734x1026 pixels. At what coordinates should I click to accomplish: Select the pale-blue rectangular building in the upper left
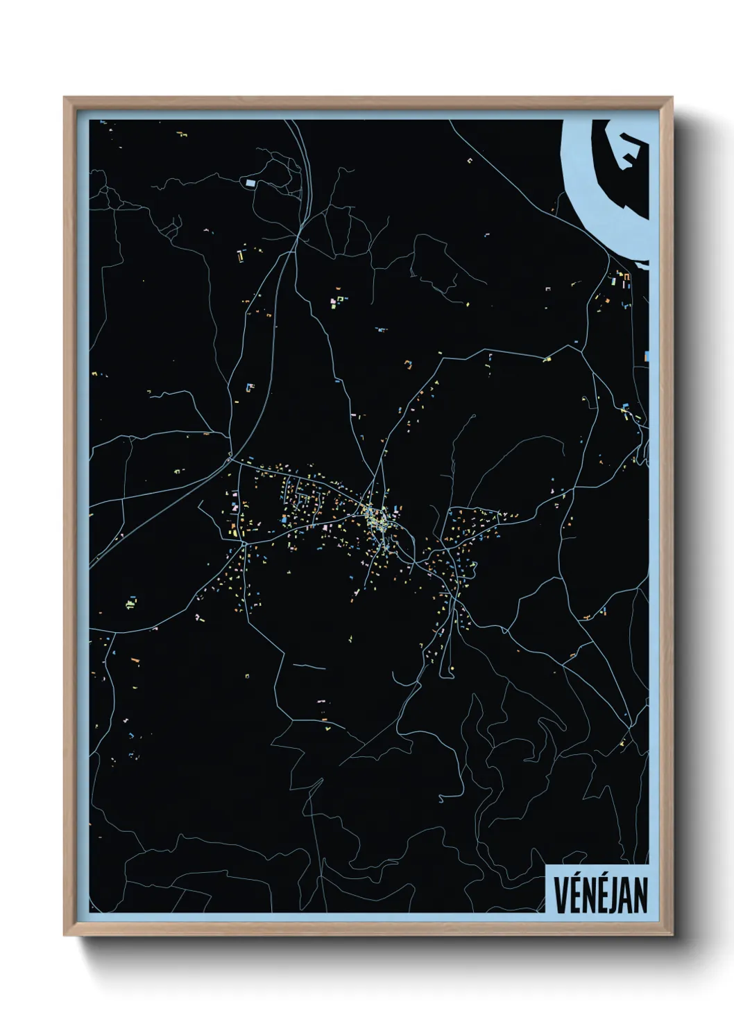(250, 183)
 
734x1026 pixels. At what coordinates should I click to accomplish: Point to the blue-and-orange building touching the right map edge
(648, 356)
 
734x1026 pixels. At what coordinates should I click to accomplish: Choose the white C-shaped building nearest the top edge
(470, 160)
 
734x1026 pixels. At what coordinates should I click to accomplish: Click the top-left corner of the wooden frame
(65, 98)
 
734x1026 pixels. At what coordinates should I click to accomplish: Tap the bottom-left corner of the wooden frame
(65, 935)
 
